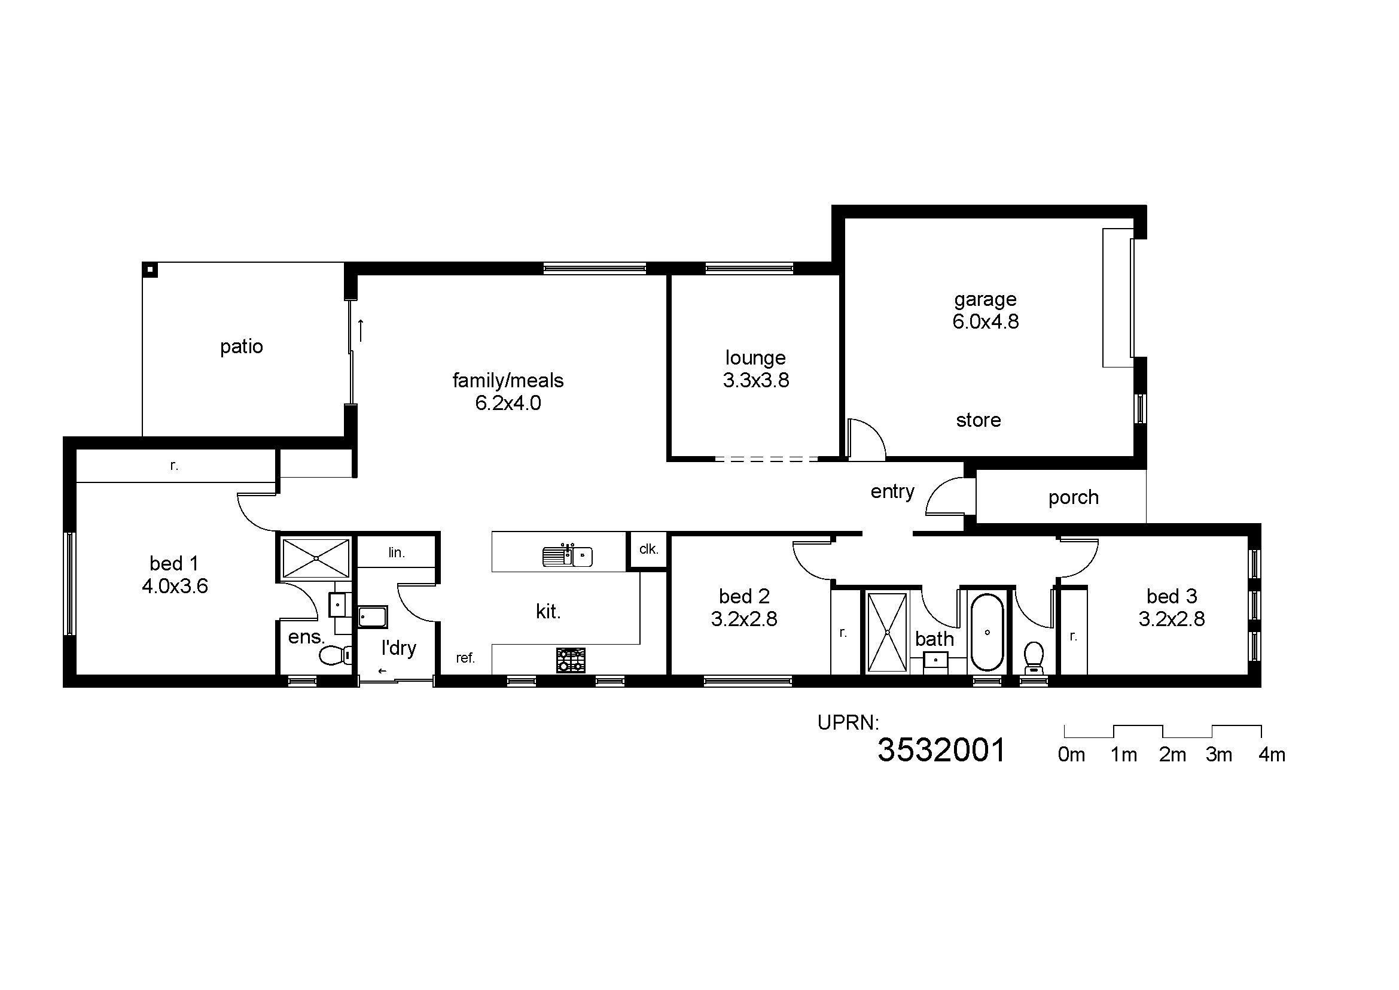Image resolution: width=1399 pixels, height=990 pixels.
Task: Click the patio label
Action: [241, 347]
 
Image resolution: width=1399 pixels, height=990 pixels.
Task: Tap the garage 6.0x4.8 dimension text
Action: [985, 322]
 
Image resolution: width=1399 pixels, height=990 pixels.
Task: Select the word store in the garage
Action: [978, 420]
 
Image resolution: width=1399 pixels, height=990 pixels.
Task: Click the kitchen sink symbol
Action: [567, 556]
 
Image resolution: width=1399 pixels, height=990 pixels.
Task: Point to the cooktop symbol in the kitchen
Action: [571, 660]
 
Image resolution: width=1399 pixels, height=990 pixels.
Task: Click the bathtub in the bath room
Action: [986, 633]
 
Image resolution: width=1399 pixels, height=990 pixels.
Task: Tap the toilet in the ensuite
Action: [334, 655]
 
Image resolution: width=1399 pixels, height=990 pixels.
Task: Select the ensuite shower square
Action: [316, 558]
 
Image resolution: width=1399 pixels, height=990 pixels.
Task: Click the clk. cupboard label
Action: [648, 549]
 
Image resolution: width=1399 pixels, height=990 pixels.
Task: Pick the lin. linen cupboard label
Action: [397, 553]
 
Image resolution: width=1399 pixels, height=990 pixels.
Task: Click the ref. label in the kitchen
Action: [465, 658]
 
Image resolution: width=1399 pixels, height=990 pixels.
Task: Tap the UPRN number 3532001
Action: [941, 751]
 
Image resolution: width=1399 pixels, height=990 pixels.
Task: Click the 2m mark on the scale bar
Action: [1172, 755]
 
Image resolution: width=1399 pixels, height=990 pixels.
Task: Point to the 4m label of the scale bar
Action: [1272, 755]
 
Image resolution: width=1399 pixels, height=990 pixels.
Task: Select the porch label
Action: [1073, 498]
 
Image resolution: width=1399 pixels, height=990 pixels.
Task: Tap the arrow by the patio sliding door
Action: [361, 330]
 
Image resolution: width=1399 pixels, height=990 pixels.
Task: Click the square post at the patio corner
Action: [150, 269]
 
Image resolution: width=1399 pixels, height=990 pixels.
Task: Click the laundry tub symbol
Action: [372, 617]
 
